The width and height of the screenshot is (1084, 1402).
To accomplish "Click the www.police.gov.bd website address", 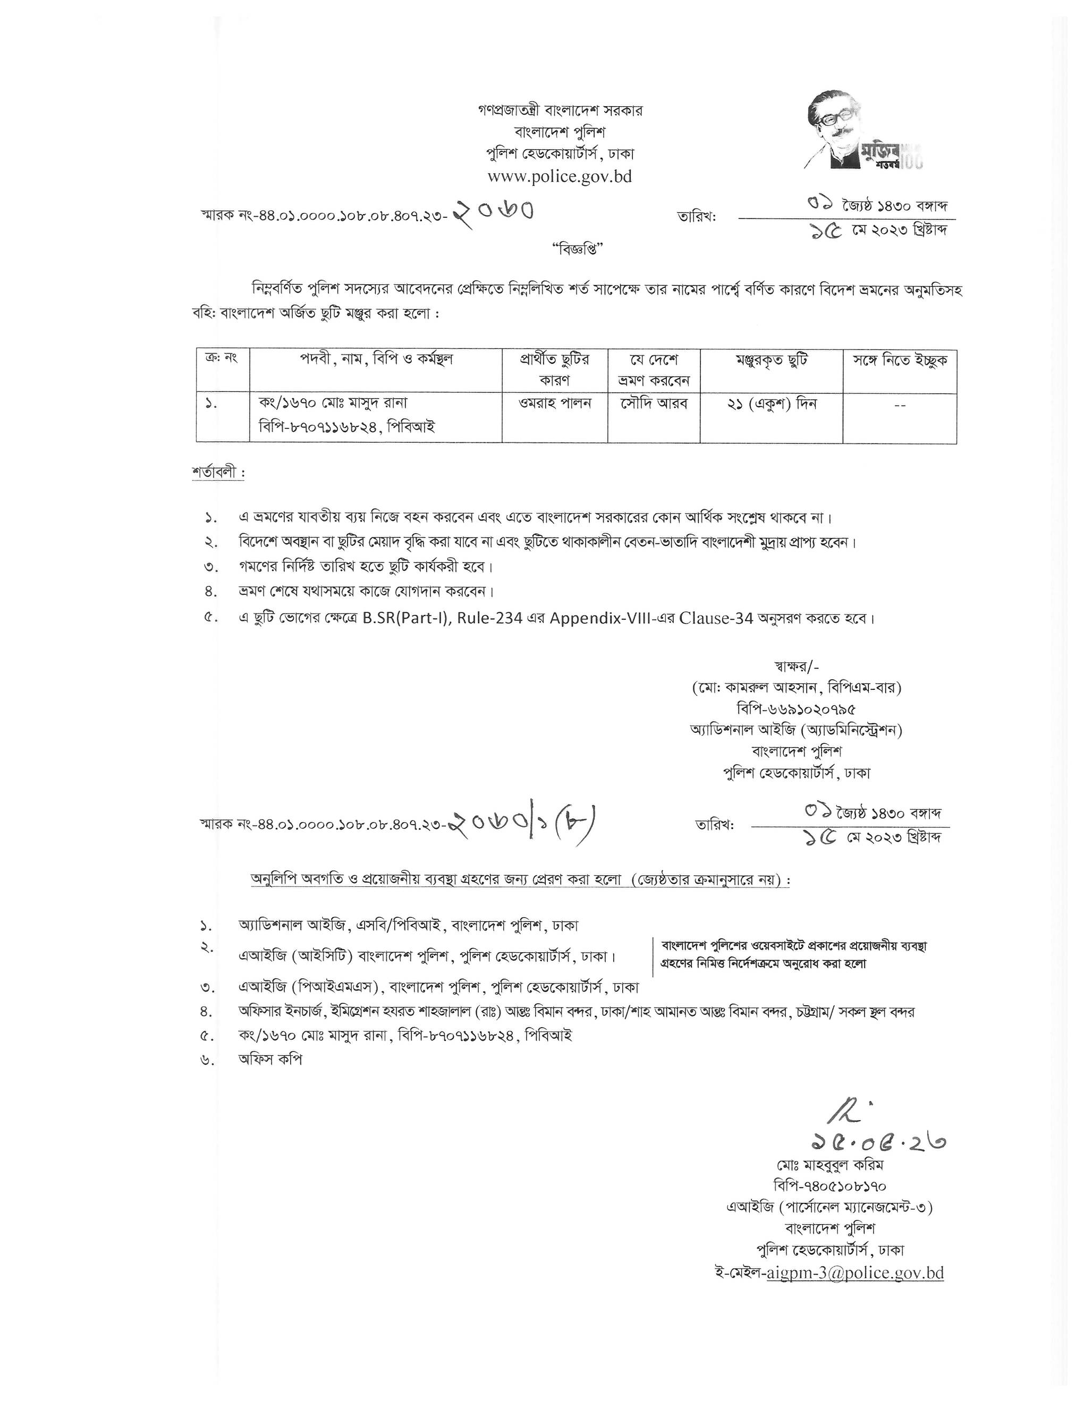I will [x=560, y=176].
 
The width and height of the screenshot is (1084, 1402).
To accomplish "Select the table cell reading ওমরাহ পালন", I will [x=555, y=404].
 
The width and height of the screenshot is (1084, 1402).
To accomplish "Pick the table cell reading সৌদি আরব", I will [x=654, y=404].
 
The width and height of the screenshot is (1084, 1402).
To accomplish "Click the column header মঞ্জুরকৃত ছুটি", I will [x=771, y=361].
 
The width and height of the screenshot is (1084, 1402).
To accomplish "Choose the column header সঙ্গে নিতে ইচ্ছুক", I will [x=900, y=361].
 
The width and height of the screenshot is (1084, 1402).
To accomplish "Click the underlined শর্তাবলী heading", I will [x=217, y=473].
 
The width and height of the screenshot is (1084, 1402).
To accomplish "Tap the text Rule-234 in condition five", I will [x=489, y=618].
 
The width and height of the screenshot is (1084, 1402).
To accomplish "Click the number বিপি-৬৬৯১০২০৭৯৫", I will [x=797, y=709].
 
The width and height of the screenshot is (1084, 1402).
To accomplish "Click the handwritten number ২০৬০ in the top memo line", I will [x=494, y=210].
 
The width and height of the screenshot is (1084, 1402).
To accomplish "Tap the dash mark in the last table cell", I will [x=900, y=405].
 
